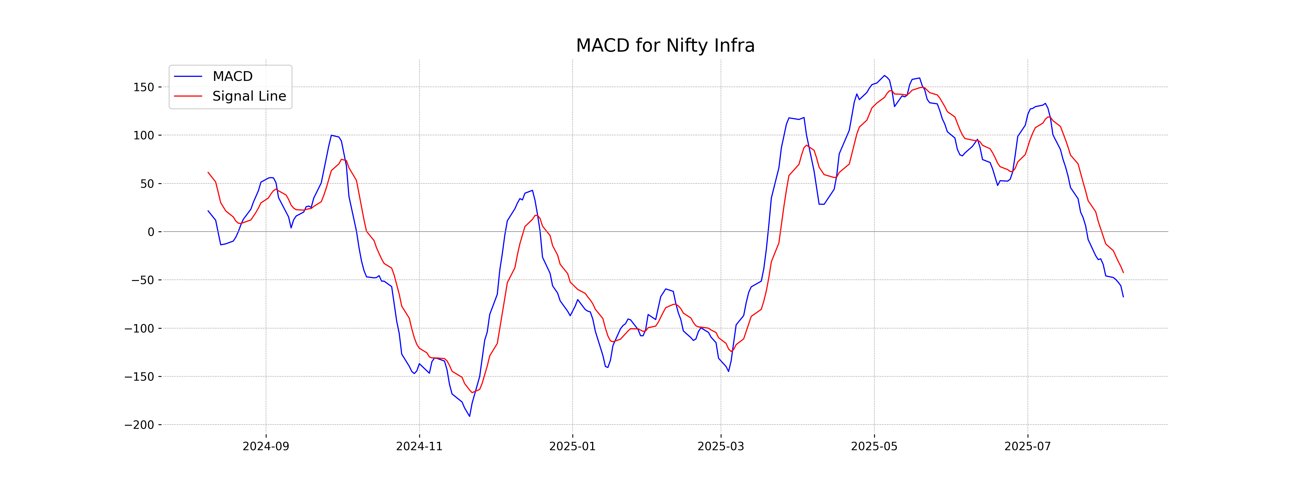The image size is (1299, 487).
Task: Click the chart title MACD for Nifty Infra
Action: tap(665, 46)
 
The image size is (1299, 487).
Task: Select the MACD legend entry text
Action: tap(232, 77)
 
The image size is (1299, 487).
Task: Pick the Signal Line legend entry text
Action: tap(249, 96)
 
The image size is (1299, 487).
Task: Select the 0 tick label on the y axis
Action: tap(151, 232)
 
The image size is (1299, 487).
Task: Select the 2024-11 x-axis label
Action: tap(419, 447)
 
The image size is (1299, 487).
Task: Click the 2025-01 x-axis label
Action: tap(572, 447)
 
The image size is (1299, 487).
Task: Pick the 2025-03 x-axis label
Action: tap(721, 447)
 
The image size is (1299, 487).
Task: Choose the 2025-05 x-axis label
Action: tap(874, 447)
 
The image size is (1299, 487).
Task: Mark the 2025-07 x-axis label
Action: tap(1027, 447)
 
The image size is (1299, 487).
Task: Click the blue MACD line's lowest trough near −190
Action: tap(470, 416)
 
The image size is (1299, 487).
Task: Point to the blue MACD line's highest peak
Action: tap(884, 76)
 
